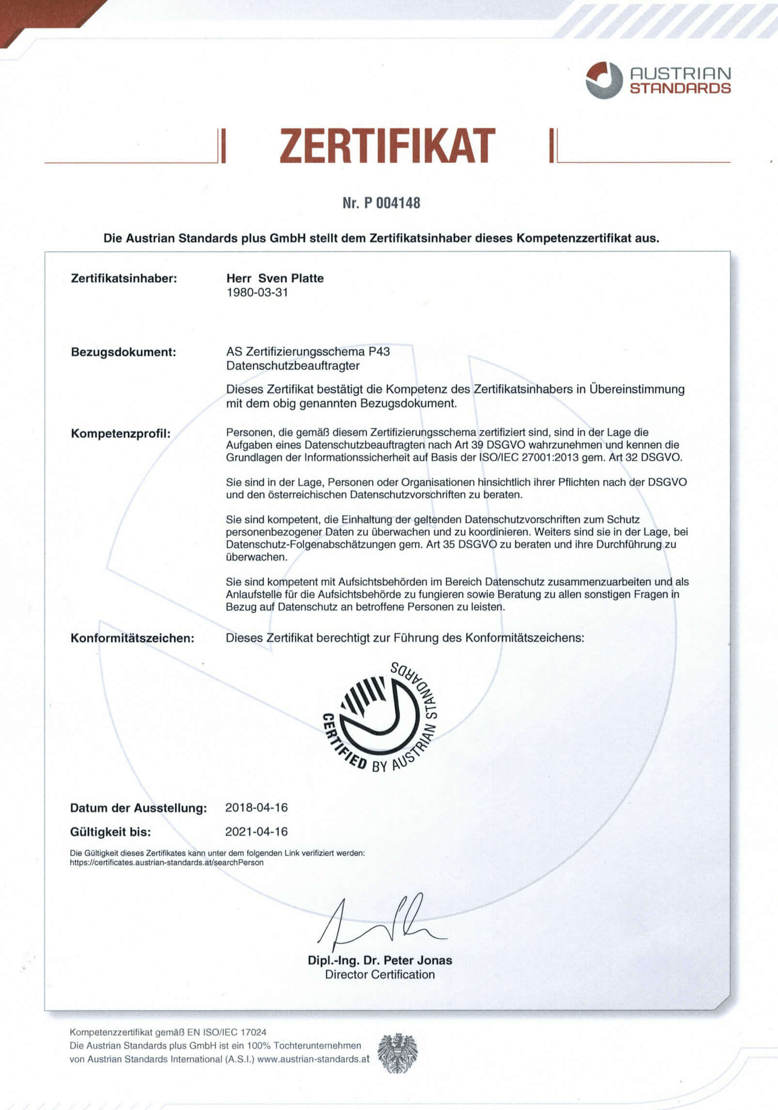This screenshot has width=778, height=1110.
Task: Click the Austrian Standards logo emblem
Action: point(604,80)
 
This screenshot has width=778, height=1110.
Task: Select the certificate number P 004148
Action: point(381,203)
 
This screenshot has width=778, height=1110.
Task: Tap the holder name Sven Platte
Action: point(291,278)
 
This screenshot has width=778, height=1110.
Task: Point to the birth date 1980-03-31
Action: point(257,293)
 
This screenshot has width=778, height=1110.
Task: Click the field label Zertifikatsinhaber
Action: point(124,279)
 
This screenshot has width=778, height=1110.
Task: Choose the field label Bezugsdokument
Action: point(124,352)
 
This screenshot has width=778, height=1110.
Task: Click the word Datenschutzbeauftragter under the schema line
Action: point(293,365)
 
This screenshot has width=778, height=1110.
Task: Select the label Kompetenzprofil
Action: point(121,433)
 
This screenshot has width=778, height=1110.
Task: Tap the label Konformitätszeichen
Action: point(132,638)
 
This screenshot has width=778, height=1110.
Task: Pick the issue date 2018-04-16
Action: point(256,808)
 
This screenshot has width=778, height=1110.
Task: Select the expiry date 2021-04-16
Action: point(256,832)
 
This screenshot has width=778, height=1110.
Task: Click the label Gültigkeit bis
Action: point(110,832)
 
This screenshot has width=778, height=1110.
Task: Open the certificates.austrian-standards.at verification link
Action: point(167,862)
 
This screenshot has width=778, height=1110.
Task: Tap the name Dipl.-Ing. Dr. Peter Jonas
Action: point(380,960)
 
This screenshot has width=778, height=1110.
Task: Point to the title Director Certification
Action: point(380,974)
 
